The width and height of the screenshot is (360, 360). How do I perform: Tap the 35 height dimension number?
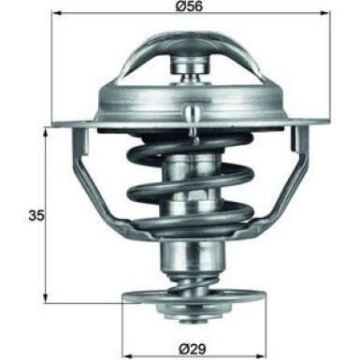click(x=34, y=216)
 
